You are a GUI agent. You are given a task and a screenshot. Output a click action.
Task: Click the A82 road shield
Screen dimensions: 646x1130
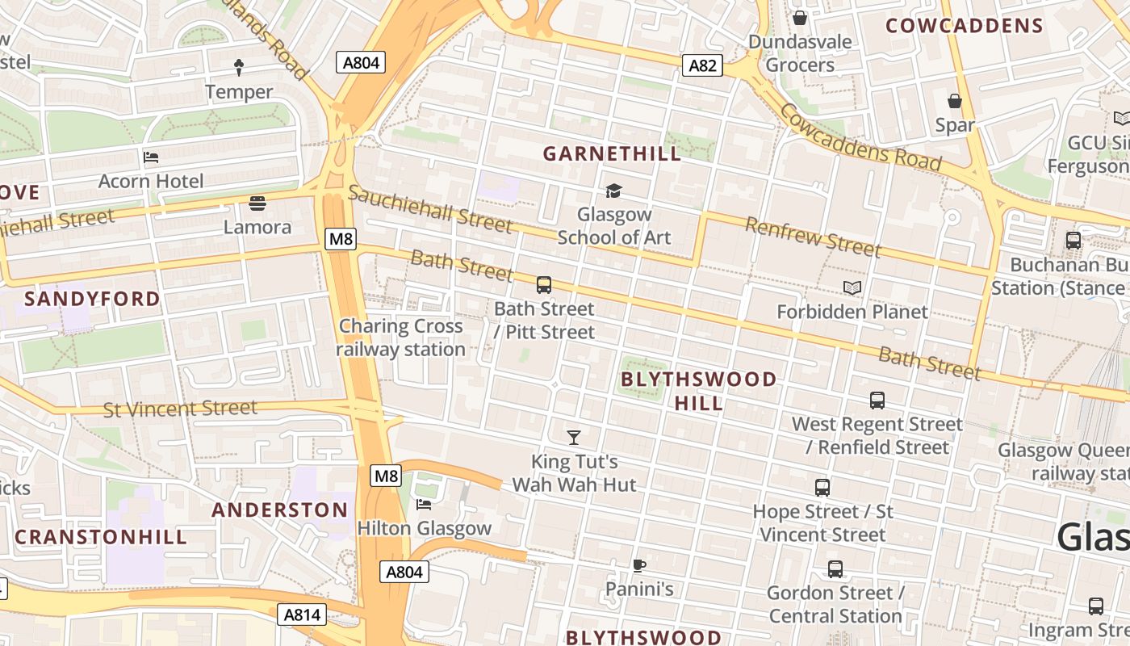(x=701, y=65)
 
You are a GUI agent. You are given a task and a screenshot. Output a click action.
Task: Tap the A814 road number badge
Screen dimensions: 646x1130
(x=303, y=615)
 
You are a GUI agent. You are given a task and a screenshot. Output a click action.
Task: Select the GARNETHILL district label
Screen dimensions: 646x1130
(x=612, y=153)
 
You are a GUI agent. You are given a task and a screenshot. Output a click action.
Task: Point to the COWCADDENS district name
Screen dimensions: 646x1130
(x=965, y=26)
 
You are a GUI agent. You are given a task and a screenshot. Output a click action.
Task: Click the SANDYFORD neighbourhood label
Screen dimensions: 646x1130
(x=92, y=299)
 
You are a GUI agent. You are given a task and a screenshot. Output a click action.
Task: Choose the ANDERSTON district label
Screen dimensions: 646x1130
(x=279, y=510)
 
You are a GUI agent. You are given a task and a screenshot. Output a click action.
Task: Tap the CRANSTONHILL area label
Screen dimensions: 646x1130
(x=101, y=537)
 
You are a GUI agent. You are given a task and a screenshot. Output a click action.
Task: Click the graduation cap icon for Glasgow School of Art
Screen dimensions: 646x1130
(x=613, y=191)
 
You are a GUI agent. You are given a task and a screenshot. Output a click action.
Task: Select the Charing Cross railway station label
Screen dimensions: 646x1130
(x=401, y=338)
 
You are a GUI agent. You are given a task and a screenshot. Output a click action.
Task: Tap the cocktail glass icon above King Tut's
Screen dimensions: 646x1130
(x=574, y=438)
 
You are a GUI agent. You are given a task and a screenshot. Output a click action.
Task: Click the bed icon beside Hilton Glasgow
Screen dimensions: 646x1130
(x=424, y=505)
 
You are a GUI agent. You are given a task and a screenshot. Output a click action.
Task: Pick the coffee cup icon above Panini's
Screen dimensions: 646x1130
(x=639, y=565)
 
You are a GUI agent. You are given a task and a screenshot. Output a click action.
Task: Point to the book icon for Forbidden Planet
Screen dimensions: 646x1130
(x=852, y=287)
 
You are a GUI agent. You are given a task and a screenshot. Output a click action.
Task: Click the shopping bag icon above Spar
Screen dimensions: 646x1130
(x=955, y=101)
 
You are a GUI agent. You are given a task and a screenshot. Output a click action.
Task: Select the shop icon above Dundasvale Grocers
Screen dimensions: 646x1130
(x=800, y=17)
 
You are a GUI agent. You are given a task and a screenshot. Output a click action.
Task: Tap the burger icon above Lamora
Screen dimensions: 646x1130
(x=257, y=203)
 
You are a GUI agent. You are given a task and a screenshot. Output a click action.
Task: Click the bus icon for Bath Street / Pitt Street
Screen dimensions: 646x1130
(x=544, y=284)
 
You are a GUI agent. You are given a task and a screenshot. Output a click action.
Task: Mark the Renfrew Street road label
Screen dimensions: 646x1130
(x=812, y=237)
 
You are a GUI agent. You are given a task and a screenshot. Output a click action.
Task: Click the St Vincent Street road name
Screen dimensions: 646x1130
(x=180, y=409)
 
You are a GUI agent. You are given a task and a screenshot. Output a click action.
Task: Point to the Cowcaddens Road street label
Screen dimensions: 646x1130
(x=860, y=138)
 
